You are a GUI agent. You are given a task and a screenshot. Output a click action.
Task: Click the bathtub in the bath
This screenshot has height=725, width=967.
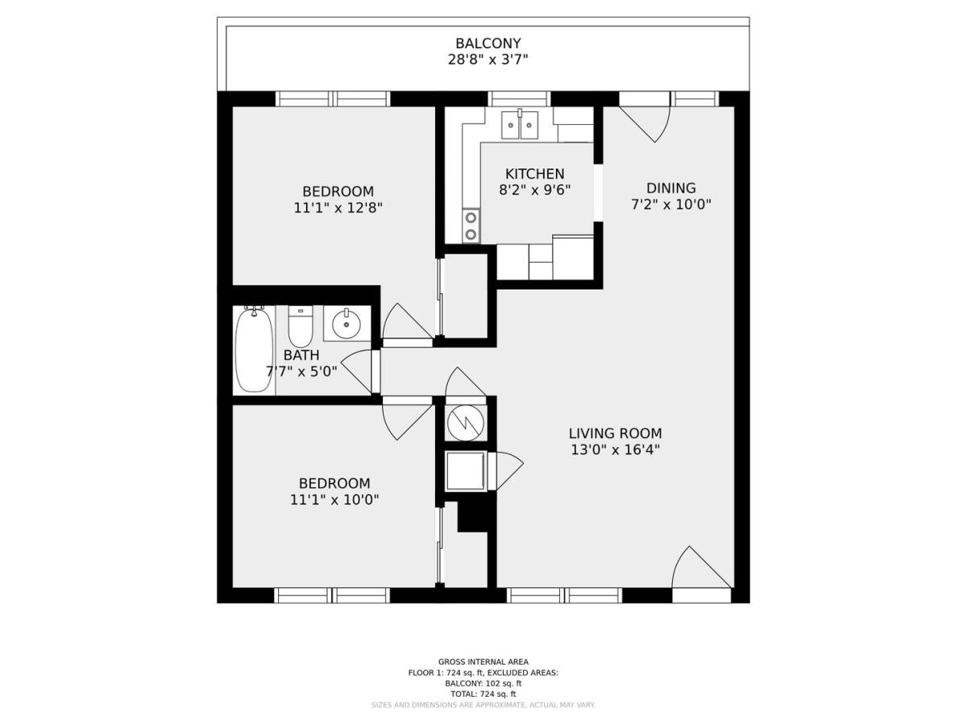[254, 351]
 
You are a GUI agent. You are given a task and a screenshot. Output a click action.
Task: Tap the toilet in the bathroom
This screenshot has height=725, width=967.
[300, 327]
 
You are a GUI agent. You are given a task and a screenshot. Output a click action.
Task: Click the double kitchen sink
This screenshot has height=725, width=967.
[521, 125]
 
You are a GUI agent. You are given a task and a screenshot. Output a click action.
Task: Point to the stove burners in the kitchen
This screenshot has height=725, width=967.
[470, 225]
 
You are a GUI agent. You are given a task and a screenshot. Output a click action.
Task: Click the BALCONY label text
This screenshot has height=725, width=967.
[488, 43]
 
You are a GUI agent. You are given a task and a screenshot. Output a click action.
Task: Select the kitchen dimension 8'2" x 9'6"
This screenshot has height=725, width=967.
[534, 190]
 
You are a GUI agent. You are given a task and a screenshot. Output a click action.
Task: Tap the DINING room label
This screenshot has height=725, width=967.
[670, 188]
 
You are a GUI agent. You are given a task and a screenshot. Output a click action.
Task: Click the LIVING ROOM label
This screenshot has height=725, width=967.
[616, 433]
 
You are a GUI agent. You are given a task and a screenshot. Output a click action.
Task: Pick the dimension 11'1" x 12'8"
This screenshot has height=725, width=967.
[338, 207]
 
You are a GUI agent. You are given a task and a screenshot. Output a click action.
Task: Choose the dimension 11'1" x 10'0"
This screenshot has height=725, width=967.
[334, 499]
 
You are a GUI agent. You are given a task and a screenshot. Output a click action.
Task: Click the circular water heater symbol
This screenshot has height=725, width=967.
[465, 421]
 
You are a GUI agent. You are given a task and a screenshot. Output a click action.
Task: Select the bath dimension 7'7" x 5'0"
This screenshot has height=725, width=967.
[301, 371]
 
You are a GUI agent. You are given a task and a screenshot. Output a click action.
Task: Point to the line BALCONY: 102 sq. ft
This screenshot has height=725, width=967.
[483, 683]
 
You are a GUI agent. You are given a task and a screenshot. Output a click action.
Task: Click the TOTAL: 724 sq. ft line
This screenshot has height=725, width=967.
[483, 694]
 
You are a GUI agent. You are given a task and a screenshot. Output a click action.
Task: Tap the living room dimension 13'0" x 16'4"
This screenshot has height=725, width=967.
[616, 450]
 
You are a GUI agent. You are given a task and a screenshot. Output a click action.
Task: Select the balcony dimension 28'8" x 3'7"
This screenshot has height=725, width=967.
[488, 60]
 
